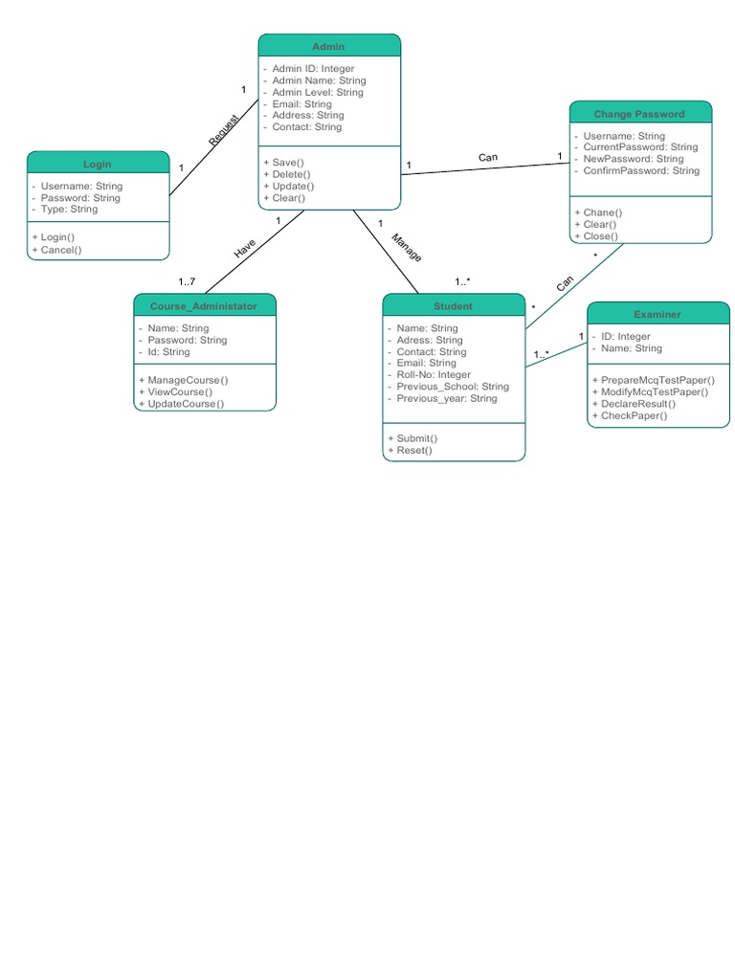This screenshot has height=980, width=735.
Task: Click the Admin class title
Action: point(328,46)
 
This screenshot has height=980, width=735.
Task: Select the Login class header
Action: point(98,164)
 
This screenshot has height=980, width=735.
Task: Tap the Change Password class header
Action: point(639,113)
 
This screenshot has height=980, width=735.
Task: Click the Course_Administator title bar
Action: point(204,305)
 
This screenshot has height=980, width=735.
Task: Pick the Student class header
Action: point(453,305)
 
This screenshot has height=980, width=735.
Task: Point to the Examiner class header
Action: point(657,313)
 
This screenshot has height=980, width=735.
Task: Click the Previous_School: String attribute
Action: point(453,387)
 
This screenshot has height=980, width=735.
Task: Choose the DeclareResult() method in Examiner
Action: point(637,404)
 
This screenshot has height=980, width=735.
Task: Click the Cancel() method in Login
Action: point(60,250)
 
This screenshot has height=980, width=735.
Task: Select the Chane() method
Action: point(602,212)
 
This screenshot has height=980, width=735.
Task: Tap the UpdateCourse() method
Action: point(186,403)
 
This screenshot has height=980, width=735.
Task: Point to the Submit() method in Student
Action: point(416,437)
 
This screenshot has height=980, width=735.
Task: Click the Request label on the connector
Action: point(224,130)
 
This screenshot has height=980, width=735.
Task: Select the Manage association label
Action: point(406,246)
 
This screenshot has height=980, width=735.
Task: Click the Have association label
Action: point(245,249)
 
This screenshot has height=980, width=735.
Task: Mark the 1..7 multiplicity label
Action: point(187,281)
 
